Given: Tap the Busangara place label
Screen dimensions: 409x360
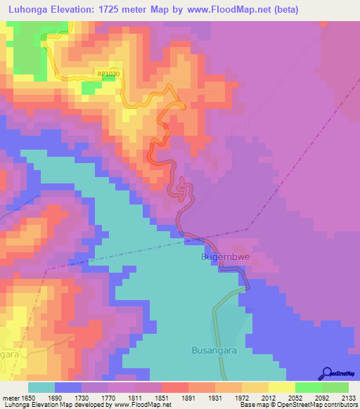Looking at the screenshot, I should point(215,349).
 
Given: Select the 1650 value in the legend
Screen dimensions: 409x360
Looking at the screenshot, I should point(27,397).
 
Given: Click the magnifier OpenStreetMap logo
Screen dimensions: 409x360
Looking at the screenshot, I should point(327,373).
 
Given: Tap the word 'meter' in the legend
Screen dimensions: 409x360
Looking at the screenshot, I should point(10,397).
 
